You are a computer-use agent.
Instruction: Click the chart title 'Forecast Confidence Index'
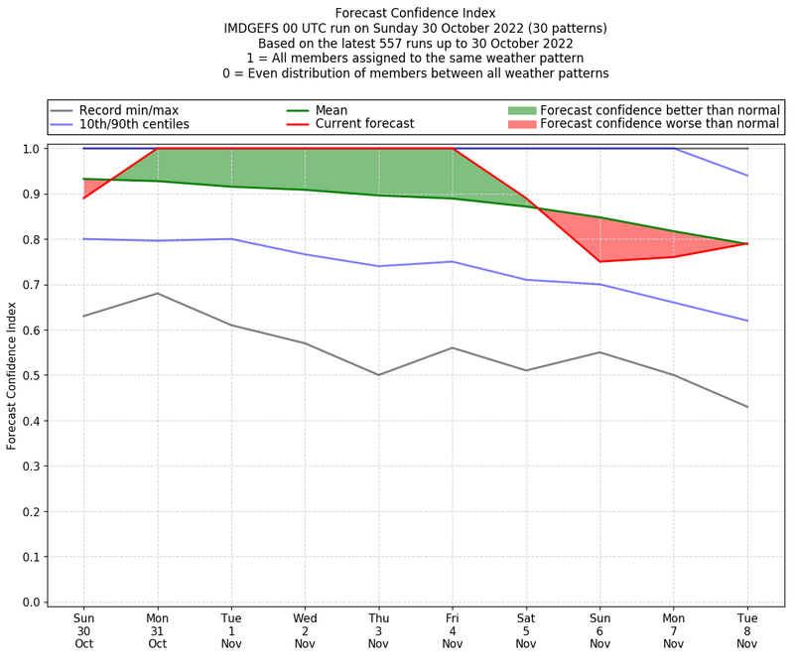pyautogui.click(x=415, y=13)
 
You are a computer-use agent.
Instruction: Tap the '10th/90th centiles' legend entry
pyautogui.click(x=134, y=124)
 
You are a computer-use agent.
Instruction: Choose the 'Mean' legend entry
pyautogui.click(x=331, y=110)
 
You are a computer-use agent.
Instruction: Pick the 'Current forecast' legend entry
pyautogui.click(x=364, y=124)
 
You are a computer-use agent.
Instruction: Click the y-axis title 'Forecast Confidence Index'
pyautogui.click(x=12, y=375)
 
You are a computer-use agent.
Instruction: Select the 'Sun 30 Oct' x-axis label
pyautogui.click(x=83, y=631)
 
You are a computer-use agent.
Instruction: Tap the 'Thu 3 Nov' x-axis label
pyautogui.click(x=378, y=631)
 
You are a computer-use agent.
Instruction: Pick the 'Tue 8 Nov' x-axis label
pyautogui.click(x=746, y=631)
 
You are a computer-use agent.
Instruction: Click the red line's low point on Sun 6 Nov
pyautogui.click(x=599, y=262)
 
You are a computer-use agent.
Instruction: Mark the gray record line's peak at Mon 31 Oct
pyautogui.click(x=157, y=293)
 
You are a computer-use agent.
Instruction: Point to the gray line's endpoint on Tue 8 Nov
pyautogui.click(x=747, y=407)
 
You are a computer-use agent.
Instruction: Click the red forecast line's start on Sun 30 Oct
pyautogui.click(x=83, y=198)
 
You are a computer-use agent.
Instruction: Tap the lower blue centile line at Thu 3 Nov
pyautogui.click(x=378, y=266)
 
